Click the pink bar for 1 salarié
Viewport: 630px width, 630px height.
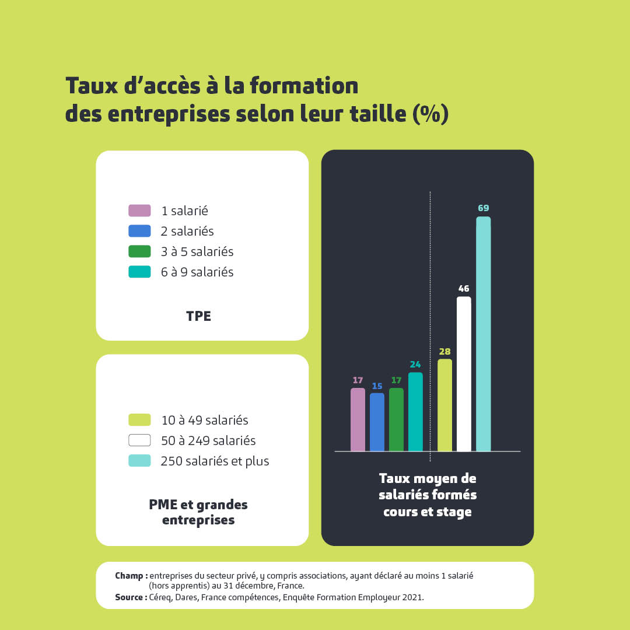coord(358,420)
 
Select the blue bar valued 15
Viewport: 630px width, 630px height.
coord(377,422)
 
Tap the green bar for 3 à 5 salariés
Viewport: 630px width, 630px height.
coord(396,420)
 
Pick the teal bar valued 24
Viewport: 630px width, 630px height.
coord(415,412)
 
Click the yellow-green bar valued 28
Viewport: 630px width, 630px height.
coord(444,405)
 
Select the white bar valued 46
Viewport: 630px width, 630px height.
coord(464,374)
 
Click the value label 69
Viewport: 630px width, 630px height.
coord(483,208)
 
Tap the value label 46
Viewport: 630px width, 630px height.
coord(464,288)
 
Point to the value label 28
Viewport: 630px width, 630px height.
coord(444,351)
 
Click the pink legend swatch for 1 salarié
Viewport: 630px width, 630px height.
coord(139,211)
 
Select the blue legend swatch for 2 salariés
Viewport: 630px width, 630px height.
coord(139,231)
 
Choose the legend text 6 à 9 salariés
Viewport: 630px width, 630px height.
coord(197,272)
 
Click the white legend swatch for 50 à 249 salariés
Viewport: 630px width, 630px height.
coord(139,440)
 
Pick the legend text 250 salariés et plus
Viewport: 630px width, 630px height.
coord(215,461)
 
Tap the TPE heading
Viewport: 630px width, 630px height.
coord(198,316)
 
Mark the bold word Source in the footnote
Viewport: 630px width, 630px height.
coord(129,597)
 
